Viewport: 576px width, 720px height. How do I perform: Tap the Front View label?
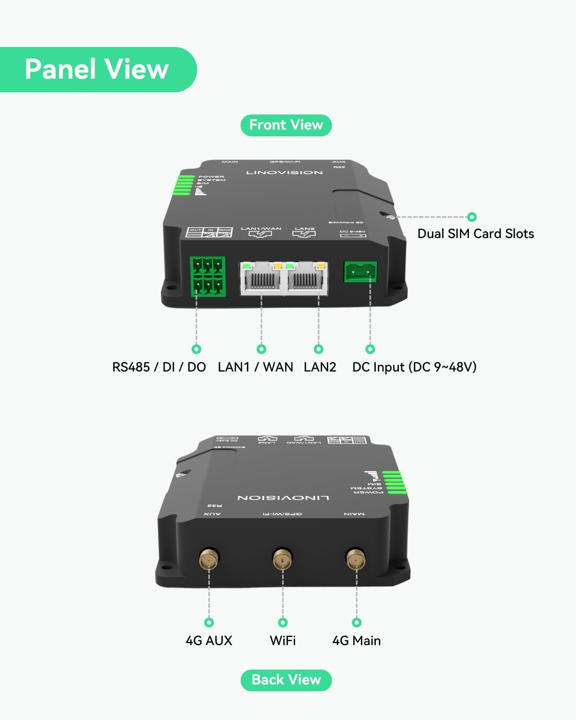coord(286,125)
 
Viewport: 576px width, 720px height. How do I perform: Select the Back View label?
coord(286,680)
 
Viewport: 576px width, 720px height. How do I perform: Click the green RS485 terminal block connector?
coord(208,277)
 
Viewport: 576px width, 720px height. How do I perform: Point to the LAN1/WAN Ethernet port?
coord(261,277)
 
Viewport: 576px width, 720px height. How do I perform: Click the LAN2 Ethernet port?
coord(306,277)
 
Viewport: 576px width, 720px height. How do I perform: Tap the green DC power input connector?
coord(360,272)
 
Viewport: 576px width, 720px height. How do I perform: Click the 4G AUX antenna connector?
coord(209,559)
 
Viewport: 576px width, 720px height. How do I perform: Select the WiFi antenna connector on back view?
coord(283,559)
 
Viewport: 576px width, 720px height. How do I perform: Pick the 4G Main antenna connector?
coord(356,559)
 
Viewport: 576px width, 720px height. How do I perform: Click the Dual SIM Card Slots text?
coord(476,234)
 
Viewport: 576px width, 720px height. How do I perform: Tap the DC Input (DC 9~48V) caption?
coord(414,367)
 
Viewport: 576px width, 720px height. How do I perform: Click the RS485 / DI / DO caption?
coord(159,367)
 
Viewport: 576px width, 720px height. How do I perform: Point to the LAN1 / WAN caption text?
coord(255,367)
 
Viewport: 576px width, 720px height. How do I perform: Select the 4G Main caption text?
coord(356,641)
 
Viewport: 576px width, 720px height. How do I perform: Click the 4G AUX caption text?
coord(209,641)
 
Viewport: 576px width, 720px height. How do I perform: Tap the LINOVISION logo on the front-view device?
coord(285,172)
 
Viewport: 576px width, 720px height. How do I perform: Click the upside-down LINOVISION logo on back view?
coord(283,498)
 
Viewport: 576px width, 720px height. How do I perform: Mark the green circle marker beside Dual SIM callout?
coord(472,217)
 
